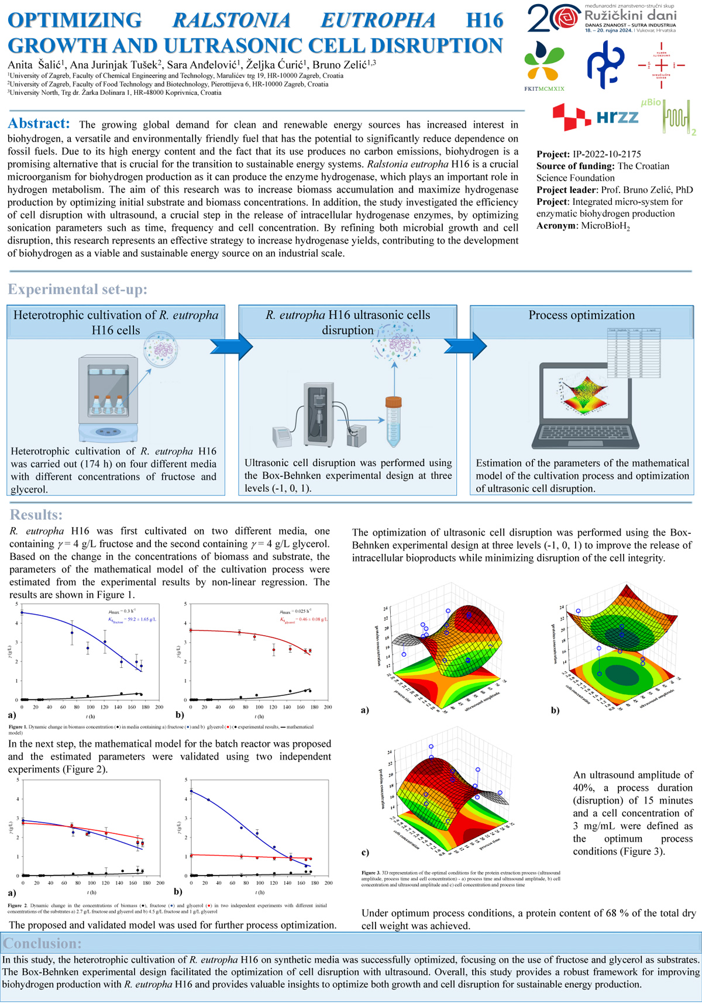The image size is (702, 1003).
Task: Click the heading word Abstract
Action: (39, 123)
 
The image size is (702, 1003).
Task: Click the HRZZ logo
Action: (597, 117)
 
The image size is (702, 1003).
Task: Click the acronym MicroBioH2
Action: (605, 226)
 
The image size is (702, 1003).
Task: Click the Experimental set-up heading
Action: (77, 289)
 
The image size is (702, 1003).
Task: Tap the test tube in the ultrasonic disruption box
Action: (393, 421)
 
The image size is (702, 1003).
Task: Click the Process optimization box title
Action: (581, 315)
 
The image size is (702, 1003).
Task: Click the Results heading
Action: (36, 515)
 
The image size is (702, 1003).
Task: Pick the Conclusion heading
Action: (42, 943)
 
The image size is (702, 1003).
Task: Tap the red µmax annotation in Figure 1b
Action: (295, 611)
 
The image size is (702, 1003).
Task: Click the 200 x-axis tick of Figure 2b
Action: (329, 883)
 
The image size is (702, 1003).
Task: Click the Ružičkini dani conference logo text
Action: (630, 16)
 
